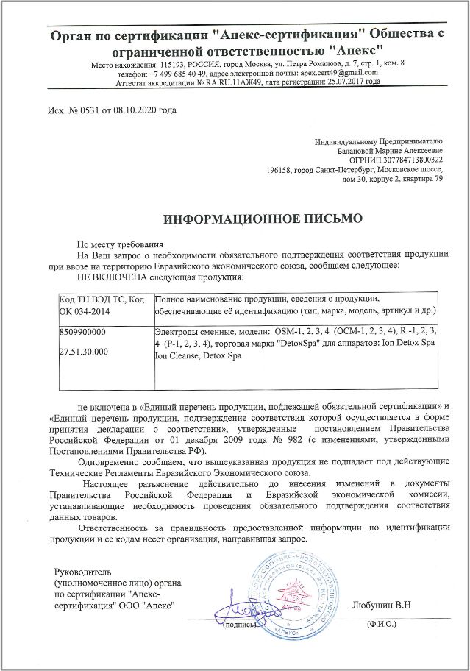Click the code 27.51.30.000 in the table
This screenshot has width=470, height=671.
tap(84, 352)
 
